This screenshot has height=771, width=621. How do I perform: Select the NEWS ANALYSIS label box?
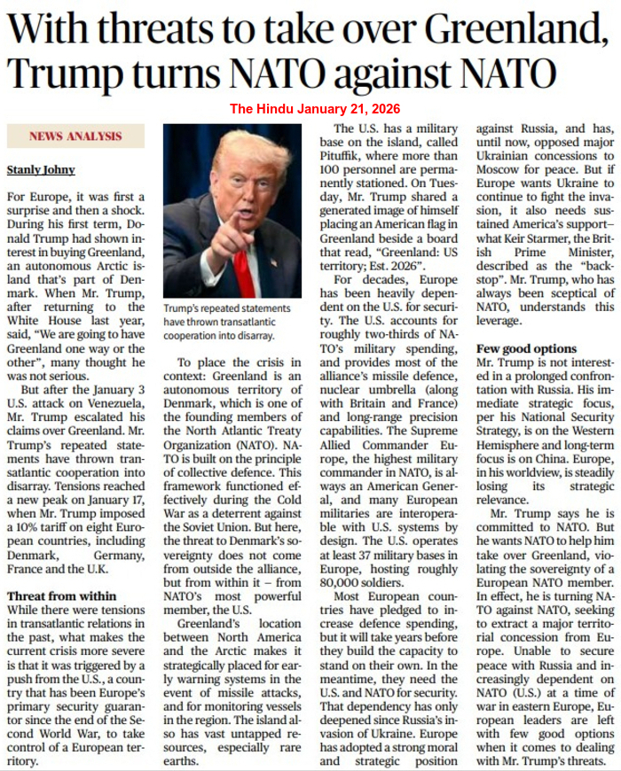tap(75, 136)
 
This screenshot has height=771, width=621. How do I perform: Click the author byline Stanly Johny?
tap(41, 168)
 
